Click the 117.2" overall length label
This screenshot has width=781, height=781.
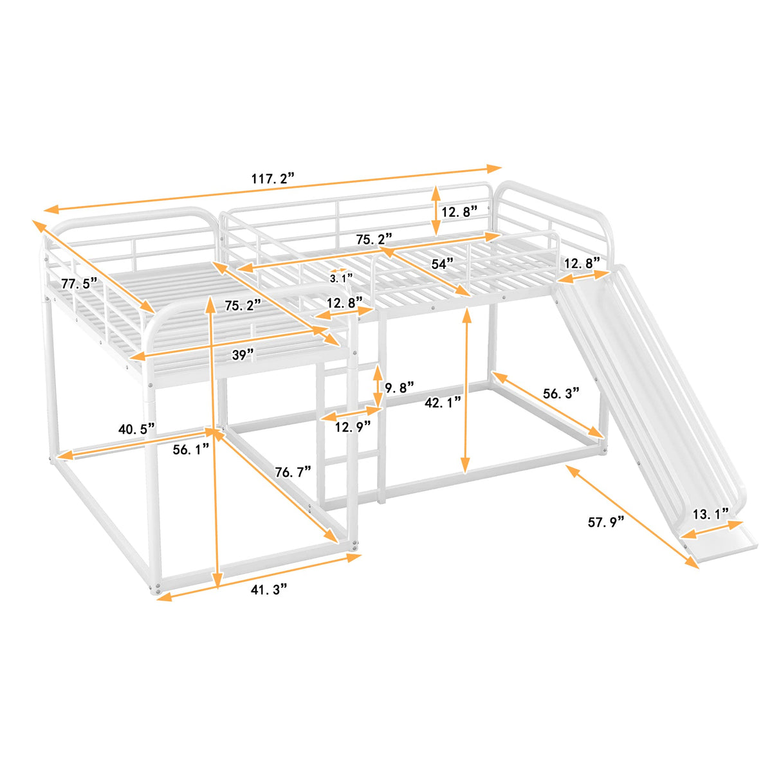point(273,178)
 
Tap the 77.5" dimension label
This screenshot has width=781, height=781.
point(78,283)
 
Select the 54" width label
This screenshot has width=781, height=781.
point(442,264)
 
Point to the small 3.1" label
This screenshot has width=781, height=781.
point(341,279)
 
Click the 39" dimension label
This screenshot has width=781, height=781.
point(243,354)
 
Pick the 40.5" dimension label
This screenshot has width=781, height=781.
point(136,429)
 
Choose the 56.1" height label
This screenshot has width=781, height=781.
point(191,450)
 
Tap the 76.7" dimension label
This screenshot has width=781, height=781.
point(293,472)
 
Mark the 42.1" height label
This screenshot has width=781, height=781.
point(443,403)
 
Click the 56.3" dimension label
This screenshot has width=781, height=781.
point(561,393)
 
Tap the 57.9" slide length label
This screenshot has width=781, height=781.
point(606,522)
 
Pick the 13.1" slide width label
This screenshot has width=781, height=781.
point(710,514)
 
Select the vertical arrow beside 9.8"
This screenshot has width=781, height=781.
point(378,386)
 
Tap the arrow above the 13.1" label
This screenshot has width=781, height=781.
point(712,529)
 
